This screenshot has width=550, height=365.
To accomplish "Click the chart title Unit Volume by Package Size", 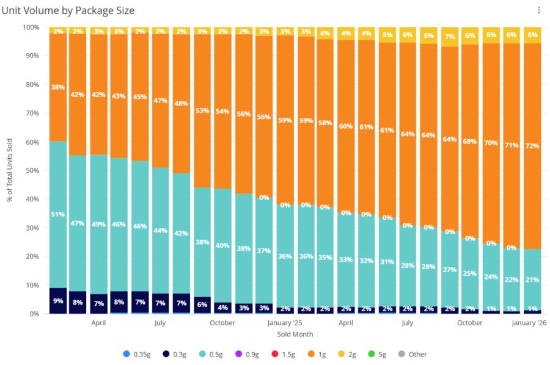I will pyautogui.click(x=68, y=10).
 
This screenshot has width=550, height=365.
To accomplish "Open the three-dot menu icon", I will pyautogui.click(x=538, y=10).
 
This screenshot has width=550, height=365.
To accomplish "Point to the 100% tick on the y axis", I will pyautogui.click(x=31, y=27).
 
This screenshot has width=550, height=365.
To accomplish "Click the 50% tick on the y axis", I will pyautogui.click(x=33, y=170).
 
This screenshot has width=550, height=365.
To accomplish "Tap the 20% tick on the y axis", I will pyautogui.click(x=33, y=256).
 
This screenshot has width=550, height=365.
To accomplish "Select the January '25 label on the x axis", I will pyautogui.click(x=285, y=323).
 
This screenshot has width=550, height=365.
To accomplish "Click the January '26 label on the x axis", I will pyautogui.click(x=529, y=323).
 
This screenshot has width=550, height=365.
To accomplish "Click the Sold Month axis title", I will pyautogui.click(x=295, y=334).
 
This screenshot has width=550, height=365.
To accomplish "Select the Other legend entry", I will pyautogui.click(x=414, y=354).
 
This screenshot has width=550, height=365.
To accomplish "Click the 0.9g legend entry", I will pyautogui.click(x=247, y=354).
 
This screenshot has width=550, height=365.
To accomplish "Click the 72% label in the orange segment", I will pyautogui.click(x=532, y=146).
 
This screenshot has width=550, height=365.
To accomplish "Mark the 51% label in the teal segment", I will pyautogui.click(x=58, y=214).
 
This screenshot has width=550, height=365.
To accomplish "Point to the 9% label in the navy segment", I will pyautogui.click(x=58, y=300).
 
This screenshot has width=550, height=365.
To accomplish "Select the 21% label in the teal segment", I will pyautogui.click(x=532, y=280).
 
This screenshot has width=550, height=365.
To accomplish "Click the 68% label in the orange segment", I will pyautogui.click(x=470, y=142).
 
